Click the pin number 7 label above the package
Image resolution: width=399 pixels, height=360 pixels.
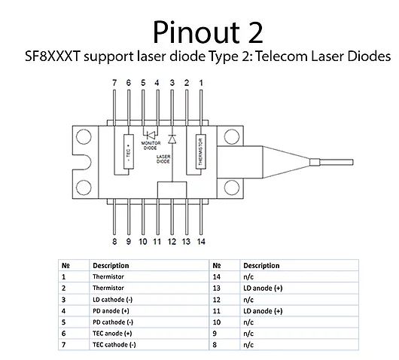tap(114, 83)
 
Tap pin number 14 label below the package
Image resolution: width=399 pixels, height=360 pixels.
tap(201, 241)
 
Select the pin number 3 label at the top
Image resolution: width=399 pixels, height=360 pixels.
tap(172, 83)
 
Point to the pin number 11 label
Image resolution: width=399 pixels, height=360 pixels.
tap(157, 241)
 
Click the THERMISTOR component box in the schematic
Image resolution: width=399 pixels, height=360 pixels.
tap(201, 151)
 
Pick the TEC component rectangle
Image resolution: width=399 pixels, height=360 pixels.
tap(129, 151)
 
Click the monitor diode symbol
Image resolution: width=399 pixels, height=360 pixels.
tap(151, 135)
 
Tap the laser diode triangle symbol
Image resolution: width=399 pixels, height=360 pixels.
tap(172, 139)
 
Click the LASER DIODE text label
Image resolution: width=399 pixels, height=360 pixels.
tap(163, 159)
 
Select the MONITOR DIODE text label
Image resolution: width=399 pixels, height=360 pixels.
tap(151, 145)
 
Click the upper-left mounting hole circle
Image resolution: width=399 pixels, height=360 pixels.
tap(84, 137)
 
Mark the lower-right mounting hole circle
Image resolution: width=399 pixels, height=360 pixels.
tap(232, 188)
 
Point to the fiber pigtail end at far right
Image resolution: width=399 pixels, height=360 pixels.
tap(352, 162)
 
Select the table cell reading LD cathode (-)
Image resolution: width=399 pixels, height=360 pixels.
tap(112, 300)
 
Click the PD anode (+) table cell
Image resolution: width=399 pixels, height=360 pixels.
tap(111, 311)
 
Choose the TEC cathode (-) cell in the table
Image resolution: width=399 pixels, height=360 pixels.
tap(114, 345)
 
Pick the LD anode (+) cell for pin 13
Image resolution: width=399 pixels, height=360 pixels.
tap(263, 288)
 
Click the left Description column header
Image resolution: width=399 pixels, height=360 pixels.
tap(111, 266)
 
